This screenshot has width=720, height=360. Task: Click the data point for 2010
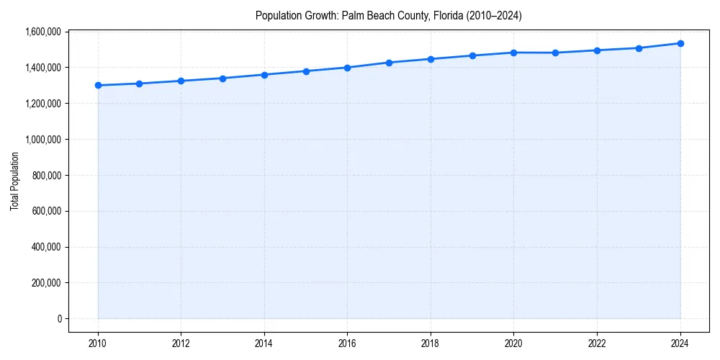(x=98, y=86)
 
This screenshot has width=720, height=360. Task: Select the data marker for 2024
(x=680, y=43)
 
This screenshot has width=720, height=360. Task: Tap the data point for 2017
(x=389, y=63)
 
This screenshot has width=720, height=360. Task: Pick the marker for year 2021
(x=555, y=53)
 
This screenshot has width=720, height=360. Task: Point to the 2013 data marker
(x=222, y=78)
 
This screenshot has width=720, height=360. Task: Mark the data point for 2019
(x=472, y=55)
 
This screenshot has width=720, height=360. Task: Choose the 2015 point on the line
(x=306, y=71)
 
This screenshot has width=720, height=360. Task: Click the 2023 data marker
(x=639, y=48)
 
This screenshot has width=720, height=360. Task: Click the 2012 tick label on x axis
(x=181, y=343)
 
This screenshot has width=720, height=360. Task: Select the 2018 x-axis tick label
(x=431, y=343)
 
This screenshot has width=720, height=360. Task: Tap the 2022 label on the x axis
(x=597, y=343)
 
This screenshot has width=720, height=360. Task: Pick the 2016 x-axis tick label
(x=347, y=343)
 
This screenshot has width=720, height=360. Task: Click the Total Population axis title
(x=14, y=181)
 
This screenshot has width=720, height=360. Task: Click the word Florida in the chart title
(x=446, y=15)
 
